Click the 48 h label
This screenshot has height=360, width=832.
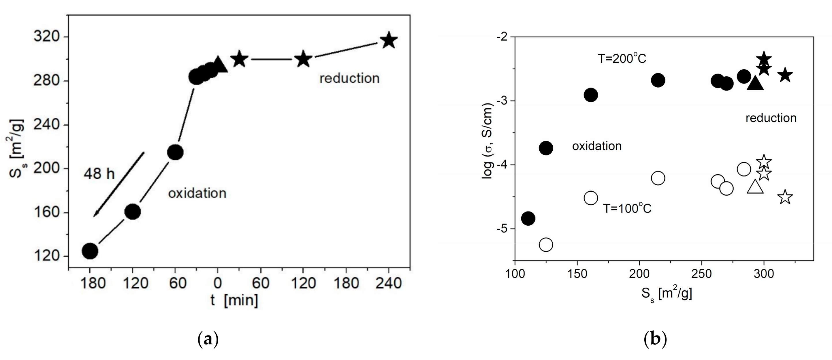tap(99, 174)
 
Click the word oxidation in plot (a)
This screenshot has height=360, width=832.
tap(197, 193)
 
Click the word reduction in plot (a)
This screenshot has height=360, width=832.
tap(349, 78)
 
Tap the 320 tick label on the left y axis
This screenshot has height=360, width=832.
tap(47, 37)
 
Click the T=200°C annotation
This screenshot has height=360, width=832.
tap(622, 59)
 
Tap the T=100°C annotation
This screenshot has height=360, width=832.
tap(627, 208)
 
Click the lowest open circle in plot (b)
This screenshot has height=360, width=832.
tap(546, 245)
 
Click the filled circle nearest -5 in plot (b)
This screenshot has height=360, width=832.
tap(528, 218)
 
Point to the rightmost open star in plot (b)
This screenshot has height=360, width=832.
tap(785, 197)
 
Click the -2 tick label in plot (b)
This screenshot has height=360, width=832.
tap(504, 37)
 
